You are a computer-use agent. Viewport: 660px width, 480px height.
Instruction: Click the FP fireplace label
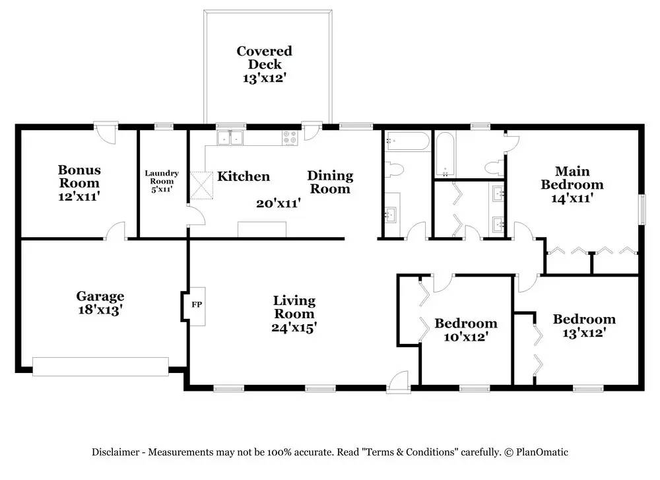pyautogui.click(x=197, y=304)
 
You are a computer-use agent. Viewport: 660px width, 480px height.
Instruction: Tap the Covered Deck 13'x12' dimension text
pyautogui.click(x=265, y=78)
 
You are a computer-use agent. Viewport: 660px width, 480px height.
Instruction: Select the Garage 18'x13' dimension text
pyautogui.click(x=100, y=310)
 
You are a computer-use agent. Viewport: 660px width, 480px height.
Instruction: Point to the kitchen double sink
pyautogui.click(x=230, y=138)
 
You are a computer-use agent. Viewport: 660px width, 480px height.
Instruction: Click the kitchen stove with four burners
pyautogui.click(x=290, y=138)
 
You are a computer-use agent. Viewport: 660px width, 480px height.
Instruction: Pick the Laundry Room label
pyautogui.click(x=162, y=177)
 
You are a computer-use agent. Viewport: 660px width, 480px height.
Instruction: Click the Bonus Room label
pyautogui.click(x=79, y=176)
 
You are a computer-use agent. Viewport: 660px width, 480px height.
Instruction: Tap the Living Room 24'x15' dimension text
pyautogui.click(x=294, y=327)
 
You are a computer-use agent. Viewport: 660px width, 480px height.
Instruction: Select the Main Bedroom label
pyautogui.click(x=572, y=178)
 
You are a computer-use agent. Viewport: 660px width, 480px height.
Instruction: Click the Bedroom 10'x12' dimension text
pyautogui.click(x=466, y=337)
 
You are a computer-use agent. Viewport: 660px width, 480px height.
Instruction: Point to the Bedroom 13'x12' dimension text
pyautogui.click(x=584, y=333)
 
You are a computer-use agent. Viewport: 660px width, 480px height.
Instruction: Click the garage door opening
pyautogui.click(x=100, y=366)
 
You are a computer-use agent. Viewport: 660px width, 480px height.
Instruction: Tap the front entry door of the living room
pyautogui.click(x=398, y=382)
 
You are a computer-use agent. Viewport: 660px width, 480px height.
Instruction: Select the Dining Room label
pyautogui.click(x=330, y=182)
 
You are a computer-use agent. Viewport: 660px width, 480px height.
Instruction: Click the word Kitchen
pyautogui.click(x=244, y=176)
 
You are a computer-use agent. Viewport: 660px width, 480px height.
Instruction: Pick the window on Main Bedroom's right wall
pyautogui.click(x=642, y=209)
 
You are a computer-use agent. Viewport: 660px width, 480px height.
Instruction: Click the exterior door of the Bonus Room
pyautogui.click(x=105, y=133)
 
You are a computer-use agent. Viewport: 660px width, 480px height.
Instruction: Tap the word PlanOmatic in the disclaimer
pyautogui.click(x=542, y=452)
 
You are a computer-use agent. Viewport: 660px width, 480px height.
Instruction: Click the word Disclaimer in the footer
pyautogui.click(x=115, y=452)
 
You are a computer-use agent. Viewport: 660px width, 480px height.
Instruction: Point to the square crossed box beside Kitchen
pyautogui.click(x=201, y=186)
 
